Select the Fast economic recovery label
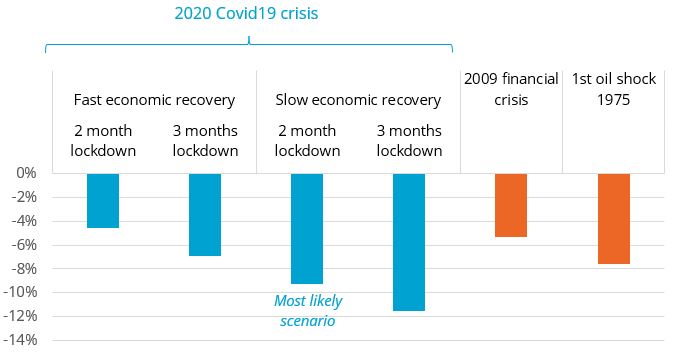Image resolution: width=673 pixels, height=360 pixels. click(x=154, y=101)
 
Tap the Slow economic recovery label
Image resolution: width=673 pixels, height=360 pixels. click(x=357, y=101)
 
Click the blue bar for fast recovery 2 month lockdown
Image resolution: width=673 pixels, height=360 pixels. click(x=103, y=200)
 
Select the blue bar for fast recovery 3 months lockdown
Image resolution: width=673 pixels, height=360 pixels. click(x=205, y=214)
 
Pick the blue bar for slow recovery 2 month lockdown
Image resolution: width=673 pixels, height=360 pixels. click(x=307, y=228)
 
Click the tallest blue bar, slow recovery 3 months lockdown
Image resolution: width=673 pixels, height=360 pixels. click(x=409, y=241)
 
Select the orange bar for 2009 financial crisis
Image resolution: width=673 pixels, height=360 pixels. click(x=511, y=204)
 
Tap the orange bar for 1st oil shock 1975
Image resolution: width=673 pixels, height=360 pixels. click(x=613, y=218)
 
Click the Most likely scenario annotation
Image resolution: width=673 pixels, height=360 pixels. click(x=307, y=311)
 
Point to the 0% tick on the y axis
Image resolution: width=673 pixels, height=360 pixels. click(x=26, y=173)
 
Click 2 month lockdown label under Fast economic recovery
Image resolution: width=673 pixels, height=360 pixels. click(x=103, y=141)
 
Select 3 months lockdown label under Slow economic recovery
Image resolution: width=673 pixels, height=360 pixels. click(x=409, y=141)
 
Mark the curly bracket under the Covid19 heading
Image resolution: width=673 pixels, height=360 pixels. click(x=249, y=44)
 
